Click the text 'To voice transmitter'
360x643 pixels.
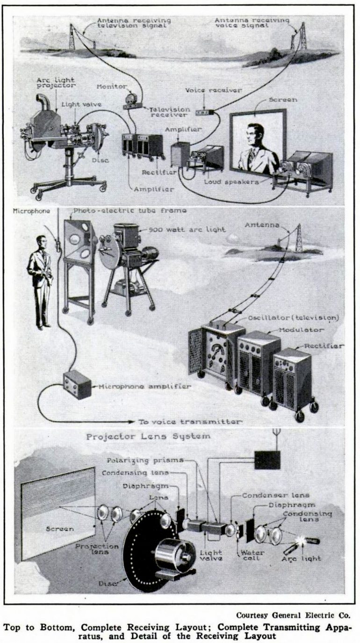coord(190,421)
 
